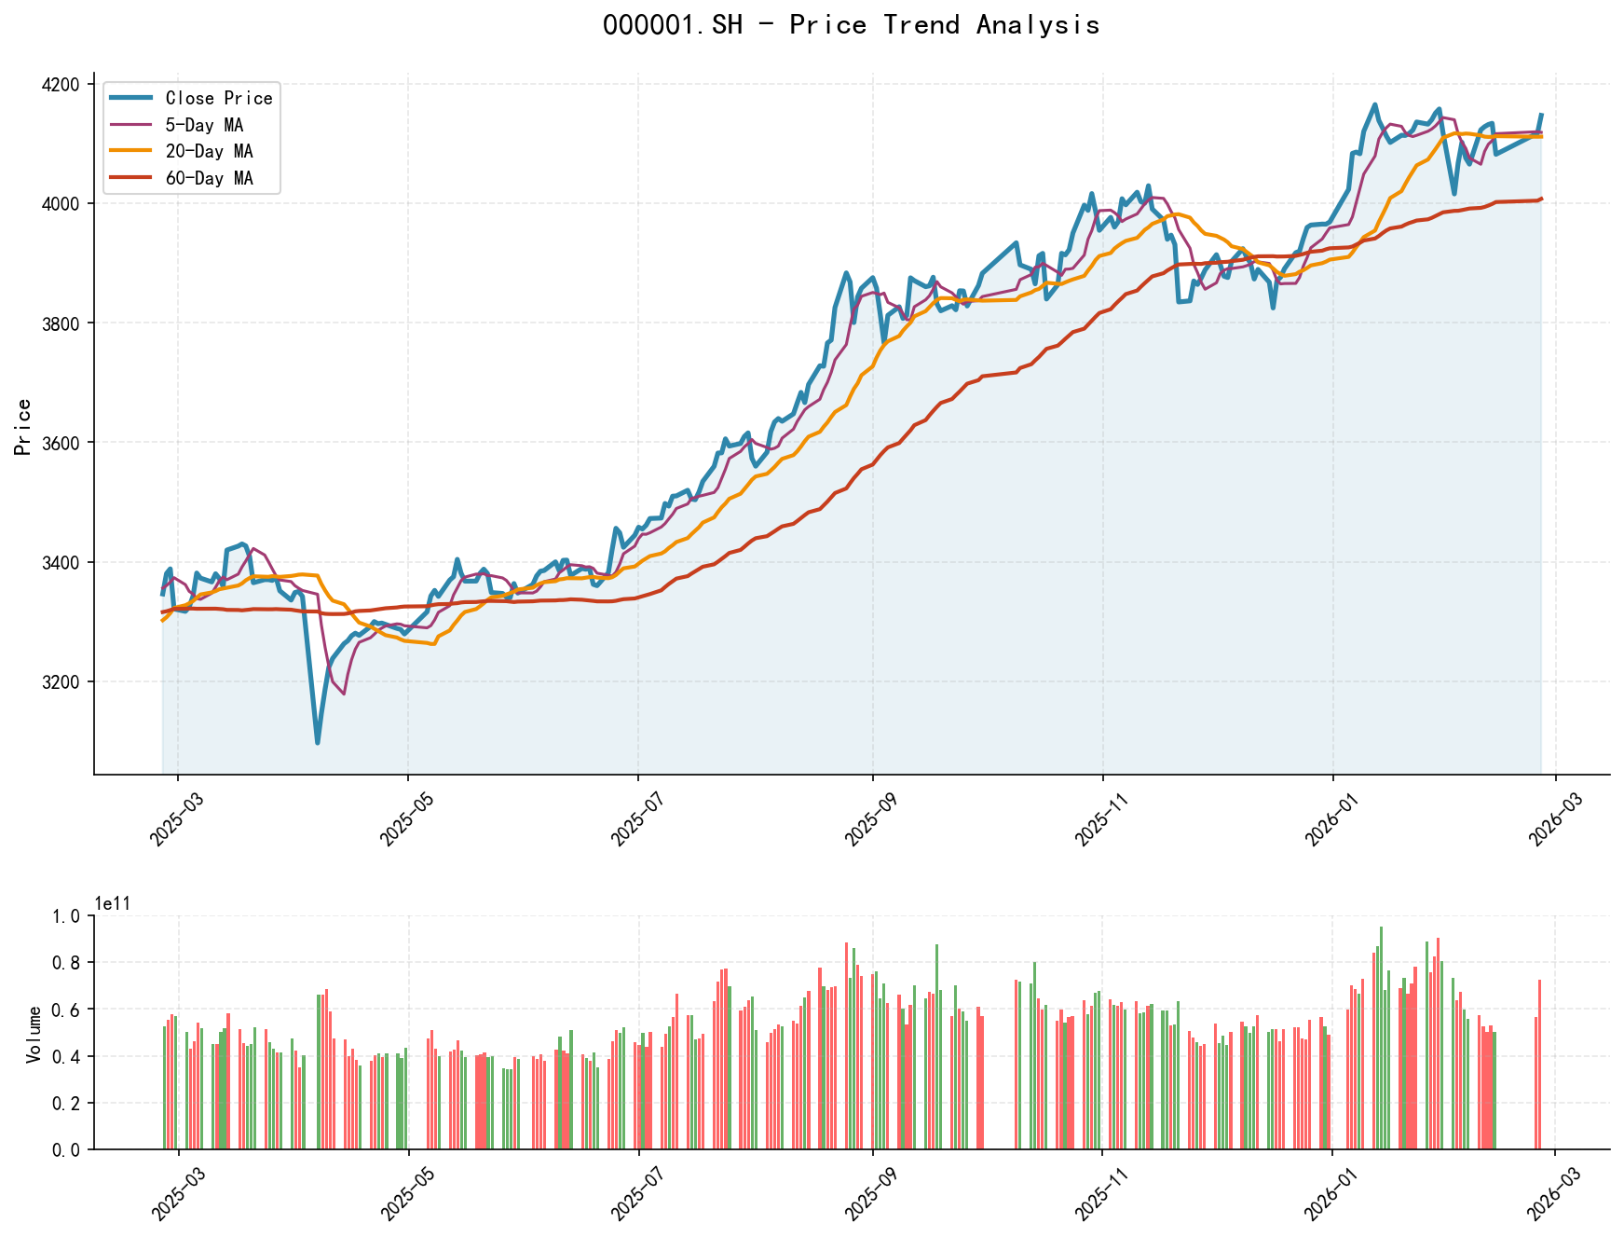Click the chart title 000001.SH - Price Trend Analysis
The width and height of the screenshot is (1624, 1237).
point(851,25)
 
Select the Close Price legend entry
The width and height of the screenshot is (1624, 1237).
point(218,98)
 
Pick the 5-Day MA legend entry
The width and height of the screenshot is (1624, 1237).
point(204,125)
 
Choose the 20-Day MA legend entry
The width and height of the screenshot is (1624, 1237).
point(209,151)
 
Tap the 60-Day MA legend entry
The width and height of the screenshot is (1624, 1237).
point(209,178)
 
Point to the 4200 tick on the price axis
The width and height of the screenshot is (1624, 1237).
point(62,85)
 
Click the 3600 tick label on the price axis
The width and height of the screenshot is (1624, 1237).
point(62,443)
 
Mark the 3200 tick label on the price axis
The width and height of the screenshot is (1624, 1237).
point(62,682)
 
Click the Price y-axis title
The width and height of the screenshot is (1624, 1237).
point(24,427)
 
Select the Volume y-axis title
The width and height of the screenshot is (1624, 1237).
point(34,1033)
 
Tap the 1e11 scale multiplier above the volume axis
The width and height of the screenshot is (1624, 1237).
point(113,903)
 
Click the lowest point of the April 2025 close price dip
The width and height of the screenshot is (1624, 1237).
point(318,743)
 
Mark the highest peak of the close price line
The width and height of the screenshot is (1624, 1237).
point(1375,104)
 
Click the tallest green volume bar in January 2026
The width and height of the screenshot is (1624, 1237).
point(1381,928)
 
